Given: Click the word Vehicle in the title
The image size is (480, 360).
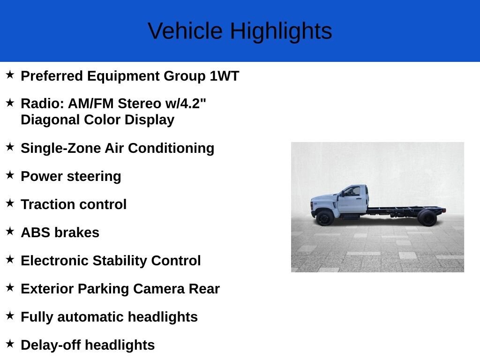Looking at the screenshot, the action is click(x=185, y=31).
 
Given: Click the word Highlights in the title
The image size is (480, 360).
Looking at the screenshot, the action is click(x=281, y=31).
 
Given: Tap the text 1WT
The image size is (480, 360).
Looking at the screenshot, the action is click(x=224, y=76).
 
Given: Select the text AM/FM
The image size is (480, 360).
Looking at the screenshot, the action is click(x=90, y=104).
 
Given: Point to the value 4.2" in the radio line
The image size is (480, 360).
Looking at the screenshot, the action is click(x=193, y=104).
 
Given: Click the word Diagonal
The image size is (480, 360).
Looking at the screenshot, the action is click(x=50, y=120).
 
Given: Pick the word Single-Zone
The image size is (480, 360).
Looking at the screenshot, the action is click(x=60, y=148).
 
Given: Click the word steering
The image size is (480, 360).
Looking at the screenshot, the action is click(x=94, y=177).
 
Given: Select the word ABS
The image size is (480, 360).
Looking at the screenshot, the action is click(x=35, y=232).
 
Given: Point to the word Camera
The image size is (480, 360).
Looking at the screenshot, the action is click(x=158, y=289).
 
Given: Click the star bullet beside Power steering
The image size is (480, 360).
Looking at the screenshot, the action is click(x=10, y=175).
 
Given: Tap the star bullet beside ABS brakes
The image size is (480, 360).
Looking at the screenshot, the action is click(x=10, y=231).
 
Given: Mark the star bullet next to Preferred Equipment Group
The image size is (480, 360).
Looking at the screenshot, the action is click(x=10, y=75).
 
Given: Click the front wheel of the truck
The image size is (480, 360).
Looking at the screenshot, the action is click(x=324, y=218).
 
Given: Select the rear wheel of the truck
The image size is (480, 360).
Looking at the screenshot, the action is click(x=427, y=218).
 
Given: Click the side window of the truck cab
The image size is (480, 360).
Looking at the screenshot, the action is click(x=352, y=191).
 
